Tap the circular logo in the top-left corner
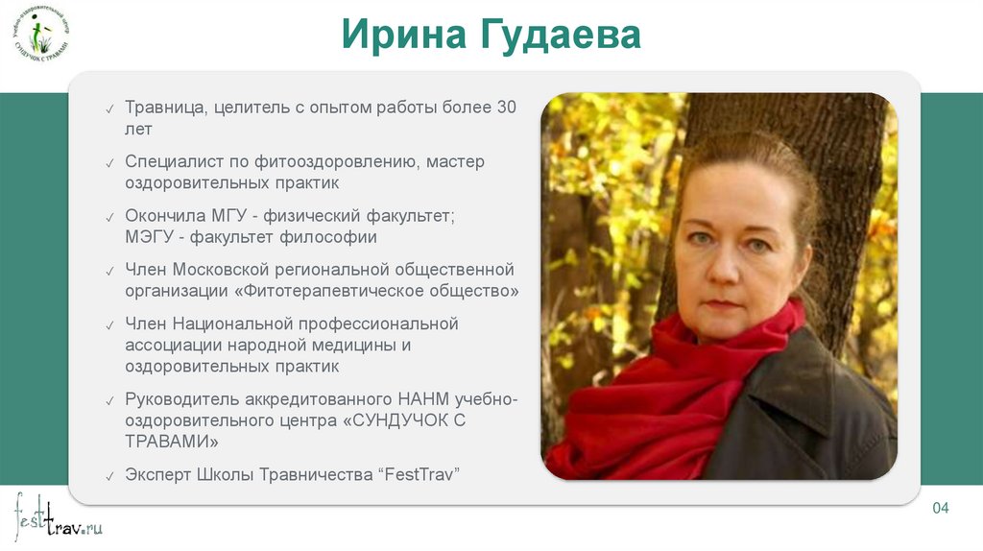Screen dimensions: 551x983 click(41, 35)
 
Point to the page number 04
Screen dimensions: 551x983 click(941, 507)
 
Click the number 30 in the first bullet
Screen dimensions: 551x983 click(506, 107)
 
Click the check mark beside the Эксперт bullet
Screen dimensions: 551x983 click(110, 475)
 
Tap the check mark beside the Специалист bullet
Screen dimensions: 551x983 click(110, 162)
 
